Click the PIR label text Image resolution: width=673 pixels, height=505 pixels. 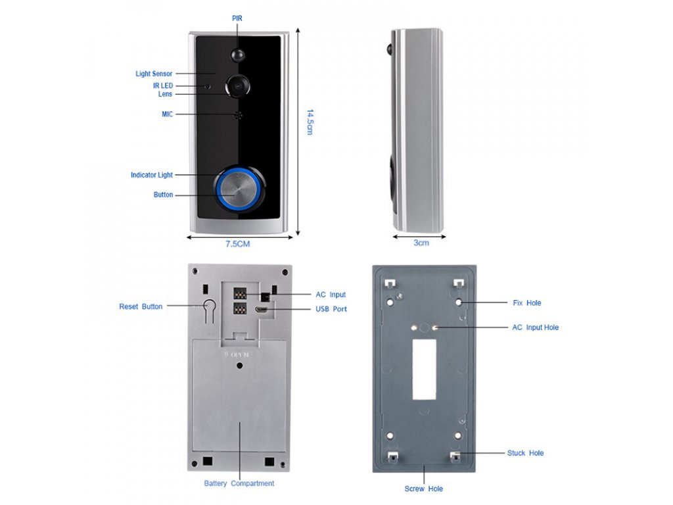coord(237,18)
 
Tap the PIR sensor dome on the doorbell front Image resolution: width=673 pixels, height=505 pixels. coord(237,53)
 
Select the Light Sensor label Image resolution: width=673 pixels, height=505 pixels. coord(154,74)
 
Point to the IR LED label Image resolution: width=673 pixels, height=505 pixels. coord(163,85)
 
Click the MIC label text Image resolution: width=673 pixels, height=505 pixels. coord(168,114)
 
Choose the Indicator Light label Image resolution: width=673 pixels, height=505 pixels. coord(152,175)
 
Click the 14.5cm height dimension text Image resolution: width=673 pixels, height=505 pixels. coord(310,122)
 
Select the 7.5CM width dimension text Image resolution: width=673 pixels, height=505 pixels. coord(238,244)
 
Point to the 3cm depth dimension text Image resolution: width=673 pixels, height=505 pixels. coord(421,243)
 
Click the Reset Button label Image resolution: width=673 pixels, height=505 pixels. coord(141,306)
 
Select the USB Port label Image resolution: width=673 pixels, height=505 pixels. coord(331,309)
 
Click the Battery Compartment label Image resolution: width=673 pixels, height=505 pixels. coord(239,483)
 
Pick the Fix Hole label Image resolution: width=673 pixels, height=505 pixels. coord(527,303)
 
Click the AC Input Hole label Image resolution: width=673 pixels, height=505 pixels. coord(536,327)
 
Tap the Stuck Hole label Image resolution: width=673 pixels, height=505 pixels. coord(526,453)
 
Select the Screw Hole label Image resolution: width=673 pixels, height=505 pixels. coord(424,489)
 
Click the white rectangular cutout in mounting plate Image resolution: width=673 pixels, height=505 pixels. coord(424,369)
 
